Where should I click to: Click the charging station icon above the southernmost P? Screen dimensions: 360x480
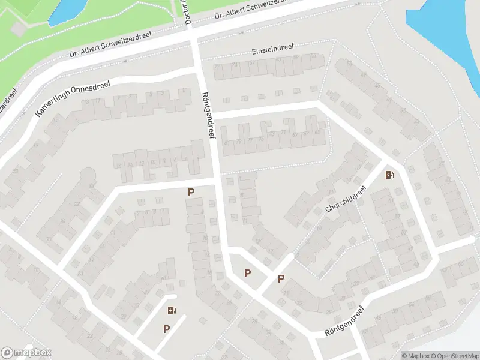coord(172,310)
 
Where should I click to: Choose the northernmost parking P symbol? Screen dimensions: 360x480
coord(191,193)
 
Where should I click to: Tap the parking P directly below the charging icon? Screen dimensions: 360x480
coord(167,329)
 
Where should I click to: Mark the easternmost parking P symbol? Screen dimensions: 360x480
coord(281,279)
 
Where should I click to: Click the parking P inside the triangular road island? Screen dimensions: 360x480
coord(247,274)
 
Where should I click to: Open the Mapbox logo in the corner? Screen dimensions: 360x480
coord(26,353)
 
